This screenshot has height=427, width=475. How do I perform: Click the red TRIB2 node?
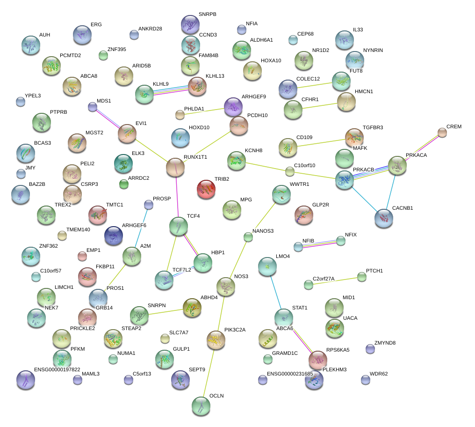pos(206,189)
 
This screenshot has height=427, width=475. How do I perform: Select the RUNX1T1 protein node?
pos(175,168)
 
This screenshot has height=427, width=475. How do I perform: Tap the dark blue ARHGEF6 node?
pos(114,236)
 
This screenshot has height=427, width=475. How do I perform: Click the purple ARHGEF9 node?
pos(233,107)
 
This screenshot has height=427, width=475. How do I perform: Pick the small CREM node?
pos(442,133)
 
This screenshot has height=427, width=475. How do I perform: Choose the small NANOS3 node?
pos(248,237)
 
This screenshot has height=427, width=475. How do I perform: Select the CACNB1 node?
pos(384,218)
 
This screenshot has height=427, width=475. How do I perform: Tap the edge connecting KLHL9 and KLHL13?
pos(171,90)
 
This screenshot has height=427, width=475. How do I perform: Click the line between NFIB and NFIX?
pos(319,243)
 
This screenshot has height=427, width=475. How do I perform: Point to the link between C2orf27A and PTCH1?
pos(335,280)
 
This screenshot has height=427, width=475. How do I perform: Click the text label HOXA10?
pos(271,60)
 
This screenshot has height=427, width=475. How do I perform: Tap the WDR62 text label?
pos(379,374)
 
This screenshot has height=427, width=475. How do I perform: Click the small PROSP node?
pos(149,205)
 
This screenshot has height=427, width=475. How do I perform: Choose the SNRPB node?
pos(190,24)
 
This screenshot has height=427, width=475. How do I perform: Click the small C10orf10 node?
pos(290,171)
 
